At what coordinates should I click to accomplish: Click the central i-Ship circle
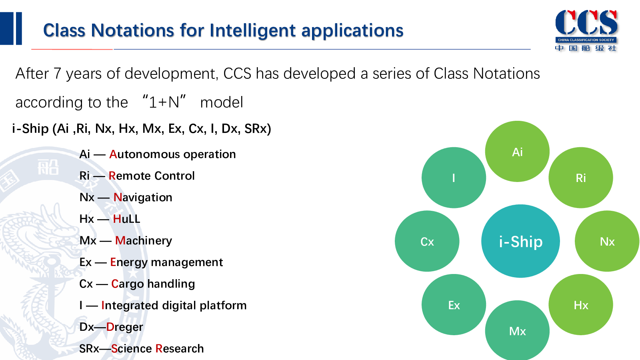point(520,241)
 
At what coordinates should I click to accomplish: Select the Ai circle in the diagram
point(517,152)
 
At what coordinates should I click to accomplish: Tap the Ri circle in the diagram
point(580,178)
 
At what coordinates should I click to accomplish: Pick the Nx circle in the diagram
point(607,241)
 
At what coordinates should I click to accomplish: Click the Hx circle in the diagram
point(580,304)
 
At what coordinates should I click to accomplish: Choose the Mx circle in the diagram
point(517,330)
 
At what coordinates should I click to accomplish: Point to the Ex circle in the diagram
point(454,304)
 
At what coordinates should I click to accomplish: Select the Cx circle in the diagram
point(427,241)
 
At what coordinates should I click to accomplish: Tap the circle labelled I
point(454,178)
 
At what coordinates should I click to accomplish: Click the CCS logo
point(586,30)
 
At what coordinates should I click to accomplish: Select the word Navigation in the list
point(143,198)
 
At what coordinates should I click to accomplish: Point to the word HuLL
point(126,219)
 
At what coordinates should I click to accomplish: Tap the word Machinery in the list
point(144,241)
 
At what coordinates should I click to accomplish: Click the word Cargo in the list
point(128,284)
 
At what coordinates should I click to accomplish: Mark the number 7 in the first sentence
point(57,74)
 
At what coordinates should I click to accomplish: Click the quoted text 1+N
point(164,102)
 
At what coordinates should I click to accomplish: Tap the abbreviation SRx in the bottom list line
point(89,349)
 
